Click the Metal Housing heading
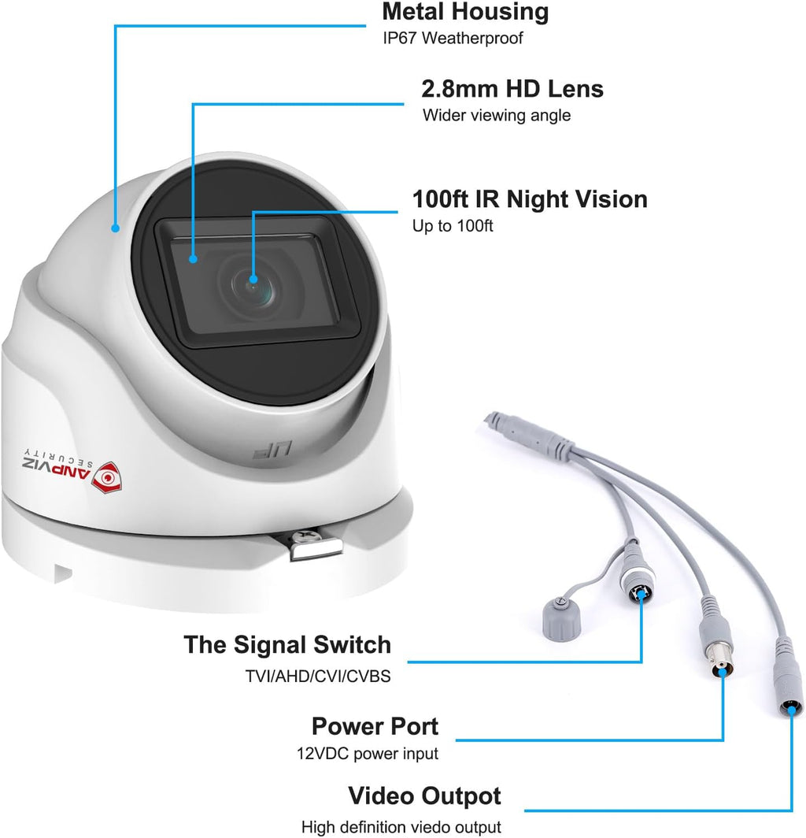coord(465,12)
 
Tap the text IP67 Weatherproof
coord(453,38)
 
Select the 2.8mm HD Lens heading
coord(512,89)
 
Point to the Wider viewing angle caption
coord(496,115)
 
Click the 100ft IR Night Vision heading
coord(530,198)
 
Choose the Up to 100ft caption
coord(453,225)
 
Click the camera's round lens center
coord(253,287)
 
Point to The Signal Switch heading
coord(287,644)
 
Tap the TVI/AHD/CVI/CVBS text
coord(318,676)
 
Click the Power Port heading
coord(375,726)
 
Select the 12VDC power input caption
coord(368,754)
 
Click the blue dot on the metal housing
coord(116,228)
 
